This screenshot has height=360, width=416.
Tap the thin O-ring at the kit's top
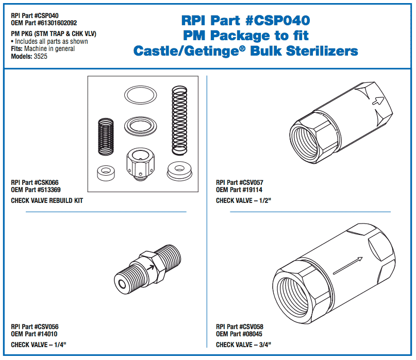[x=140, y=95]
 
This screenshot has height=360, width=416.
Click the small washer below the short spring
[x=105, y=171]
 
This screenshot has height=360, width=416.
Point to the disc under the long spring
[x=178, y=170]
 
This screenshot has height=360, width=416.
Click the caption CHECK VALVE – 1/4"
[x=38, y=345]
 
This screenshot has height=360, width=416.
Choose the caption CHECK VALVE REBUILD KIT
[x=47, y=200]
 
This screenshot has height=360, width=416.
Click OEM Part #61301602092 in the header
[x=44, y=23]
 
